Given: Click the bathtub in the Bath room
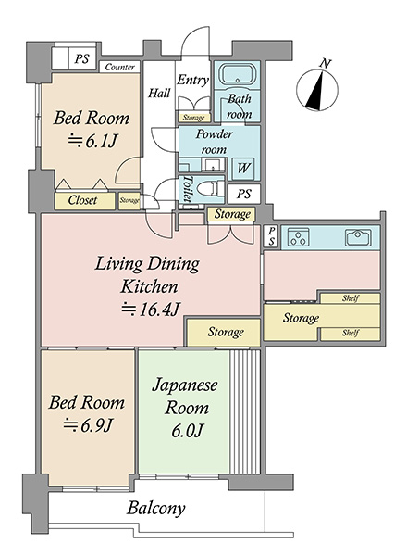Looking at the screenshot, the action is (237, 74).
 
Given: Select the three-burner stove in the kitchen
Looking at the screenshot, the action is (299, 237).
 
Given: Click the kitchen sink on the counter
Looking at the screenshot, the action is (358, 237).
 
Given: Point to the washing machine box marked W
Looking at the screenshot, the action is (243, 168).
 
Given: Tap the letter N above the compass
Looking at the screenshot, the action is (325, 64).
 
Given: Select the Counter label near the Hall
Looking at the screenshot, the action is (119, 67).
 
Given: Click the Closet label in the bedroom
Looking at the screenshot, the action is (82, 200).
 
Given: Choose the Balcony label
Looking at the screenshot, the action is (155, 509).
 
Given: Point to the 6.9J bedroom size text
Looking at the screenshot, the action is (88, 425).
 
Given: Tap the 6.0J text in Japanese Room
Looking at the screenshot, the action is (187, 431).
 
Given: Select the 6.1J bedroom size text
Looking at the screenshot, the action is (92, 141).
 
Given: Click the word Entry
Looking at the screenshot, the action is (192, 80).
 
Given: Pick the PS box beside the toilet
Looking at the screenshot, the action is (244, 194).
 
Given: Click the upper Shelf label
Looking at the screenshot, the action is (351, 298).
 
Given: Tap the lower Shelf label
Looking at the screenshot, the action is (351, 333).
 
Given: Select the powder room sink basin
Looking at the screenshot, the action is (213, 165).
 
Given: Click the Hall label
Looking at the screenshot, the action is (159, 94).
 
